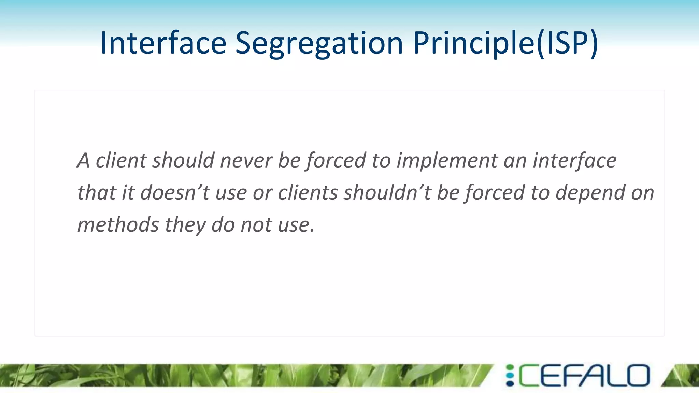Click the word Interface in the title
point(163,43)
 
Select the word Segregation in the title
point(319,44)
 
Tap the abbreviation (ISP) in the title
point(567,44)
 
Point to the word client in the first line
point(121,160)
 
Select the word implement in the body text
point(447,161)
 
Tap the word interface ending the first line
point(574,160)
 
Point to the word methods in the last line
point(118,225)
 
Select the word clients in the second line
point(308,192)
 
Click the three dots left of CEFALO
point(510,376)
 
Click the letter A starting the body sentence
point(83,160)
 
